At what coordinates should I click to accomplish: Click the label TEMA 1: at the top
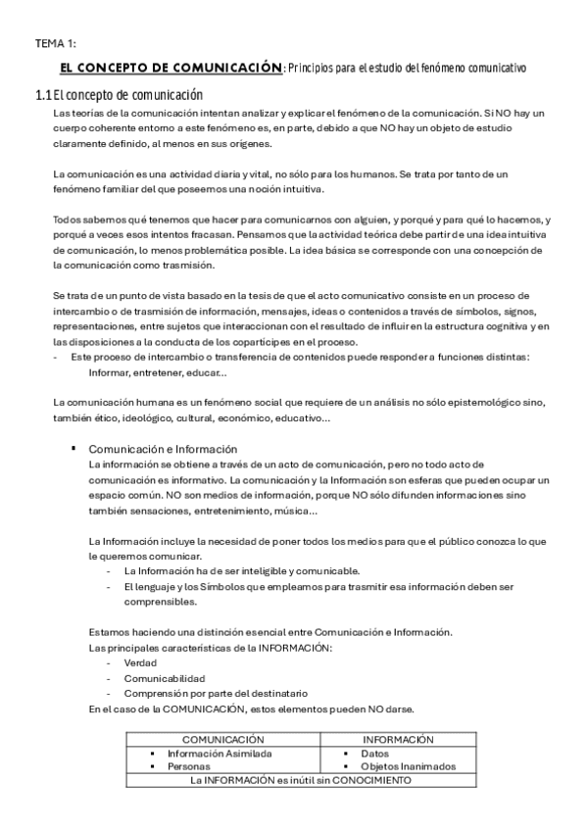pos(56,43)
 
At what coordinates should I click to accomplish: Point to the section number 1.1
pos(42,95)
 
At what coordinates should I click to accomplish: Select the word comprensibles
pos(158,602)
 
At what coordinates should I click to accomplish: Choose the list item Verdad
pos(140,662)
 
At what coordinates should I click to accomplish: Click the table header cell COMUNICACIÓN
pos(224,740)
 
